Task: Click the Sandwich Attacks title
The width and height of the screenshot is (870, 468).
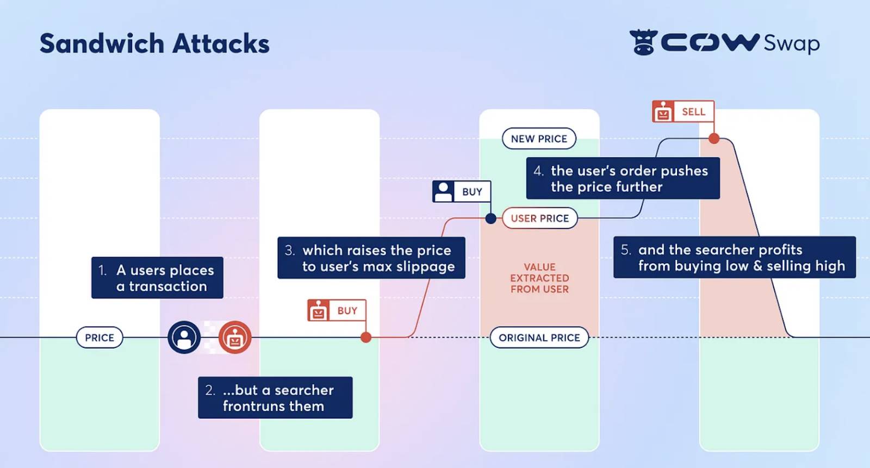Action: [154, 43]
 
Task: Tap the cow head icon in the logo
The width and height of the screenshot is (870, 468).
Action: [643, 42]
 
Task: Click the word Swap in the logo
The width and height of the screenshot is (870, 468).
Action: [791, 43]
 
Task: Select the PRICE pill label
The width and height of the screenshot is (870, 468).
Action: [100, 338]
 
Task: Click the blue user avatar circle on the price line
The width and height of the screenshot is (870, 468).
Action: [184, 338]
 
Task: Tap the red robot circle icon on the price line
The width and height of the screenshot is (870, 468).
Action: [235, 338]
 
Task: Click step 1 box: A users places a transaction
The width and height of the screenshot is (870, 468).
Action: [157, 278]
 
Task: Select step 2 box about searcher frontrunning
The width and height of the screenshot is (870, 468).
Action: [275, 397]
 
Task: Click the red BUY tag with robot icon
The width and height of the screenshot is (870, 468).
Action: [336, 310]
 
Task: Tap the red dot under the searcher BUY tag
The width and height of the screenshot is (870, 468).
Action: [366, 338]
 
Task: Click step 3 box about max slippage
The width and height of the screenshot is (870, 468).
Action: [371, 258]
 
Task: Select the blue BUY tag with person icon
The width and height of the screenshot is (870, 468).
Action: [461, 191]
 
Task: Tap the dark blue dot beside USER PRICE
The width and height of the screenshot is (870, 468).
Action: [490, 219]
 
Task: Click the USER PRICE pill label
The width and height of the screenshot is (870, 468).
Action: [539, 218]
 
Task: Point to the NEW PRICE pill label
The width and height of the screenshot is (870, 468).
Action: [539, 139]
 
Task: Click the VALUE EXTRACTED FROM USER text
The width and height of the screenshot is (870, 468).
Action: [539, 278]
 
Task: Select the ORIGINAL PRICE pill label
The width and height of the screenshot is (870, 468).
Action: [539, 338]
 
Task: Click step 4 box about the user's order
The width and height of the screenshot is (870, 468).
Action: [623, 178]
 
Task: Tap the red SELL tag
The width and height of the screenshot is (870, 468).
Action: [683, 111]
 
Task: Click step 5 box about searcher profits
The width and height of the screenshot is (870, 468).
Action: [734, 257]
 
